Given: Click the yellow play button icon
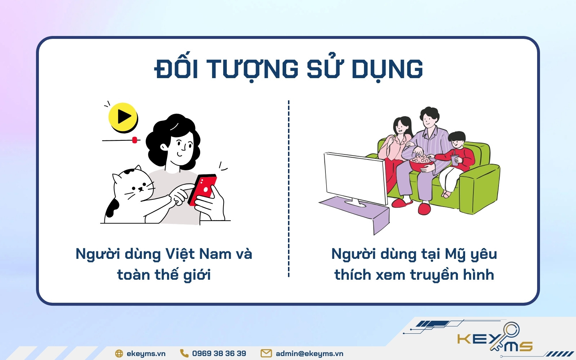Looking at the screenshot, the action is coord(123,117).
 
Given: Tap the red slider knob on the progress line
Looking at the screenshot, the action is coord(135,140).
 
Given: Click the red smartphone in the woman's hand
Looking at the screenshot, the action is coord(202,189).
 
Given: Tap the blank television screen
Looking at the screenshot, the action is coord(356,178).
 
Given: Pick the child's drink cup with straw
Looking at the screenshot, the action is coord(455,158).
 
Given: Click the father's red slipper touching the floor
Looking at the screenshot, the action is coord(424,208).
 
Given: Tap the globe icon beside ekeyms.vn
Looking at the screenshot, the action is coord(119,354).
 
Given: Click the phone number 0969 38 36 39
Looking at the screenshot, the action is coord(219,354).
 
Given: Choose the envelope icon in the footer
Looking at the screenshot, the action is coord(266,353).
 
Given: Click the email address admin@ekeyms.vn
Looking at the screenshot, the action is coord(310,354).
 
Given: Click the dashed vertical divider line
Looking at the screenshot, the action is coord(288,189).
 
